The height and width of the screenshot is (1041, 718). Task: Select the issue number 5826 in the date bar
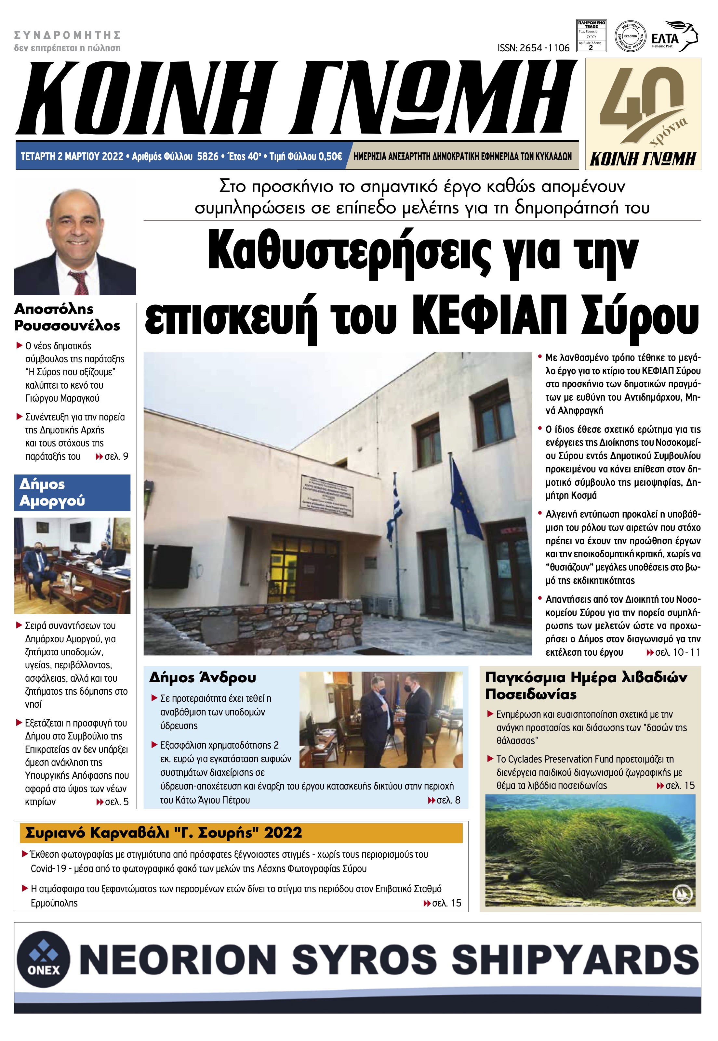coord(207,156)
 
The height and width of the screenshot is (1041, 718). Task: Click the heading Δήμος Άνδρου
coord(203,677)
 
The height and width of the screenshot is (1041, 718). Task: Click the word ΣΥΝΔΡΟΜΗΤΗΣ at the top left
coord(68,35)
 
